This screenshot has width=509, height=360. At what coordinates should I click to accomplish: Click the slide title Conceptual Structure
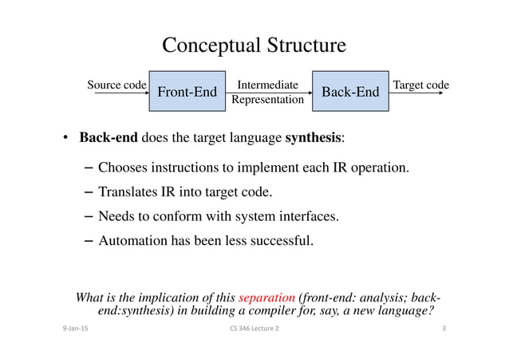[254, 45]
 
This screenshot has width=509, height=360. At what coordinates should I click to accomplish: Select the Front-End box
[187, 93]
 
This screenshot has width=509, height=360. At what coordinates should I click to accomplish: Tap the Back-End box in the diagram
[349, 93]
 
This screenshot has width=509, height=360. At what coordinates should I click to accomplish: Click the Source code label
[116, 85]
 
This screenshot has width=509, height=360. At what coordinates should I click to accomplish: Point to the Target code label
[421, 85]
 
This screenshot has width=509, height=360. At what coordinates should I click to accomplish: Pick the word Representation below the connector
[268, 101]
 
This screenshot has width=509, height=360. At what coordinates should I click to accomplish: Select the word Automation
[136, 238]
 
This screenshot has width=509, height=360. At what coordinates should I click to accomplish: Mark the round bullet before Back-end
[67, 137]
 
